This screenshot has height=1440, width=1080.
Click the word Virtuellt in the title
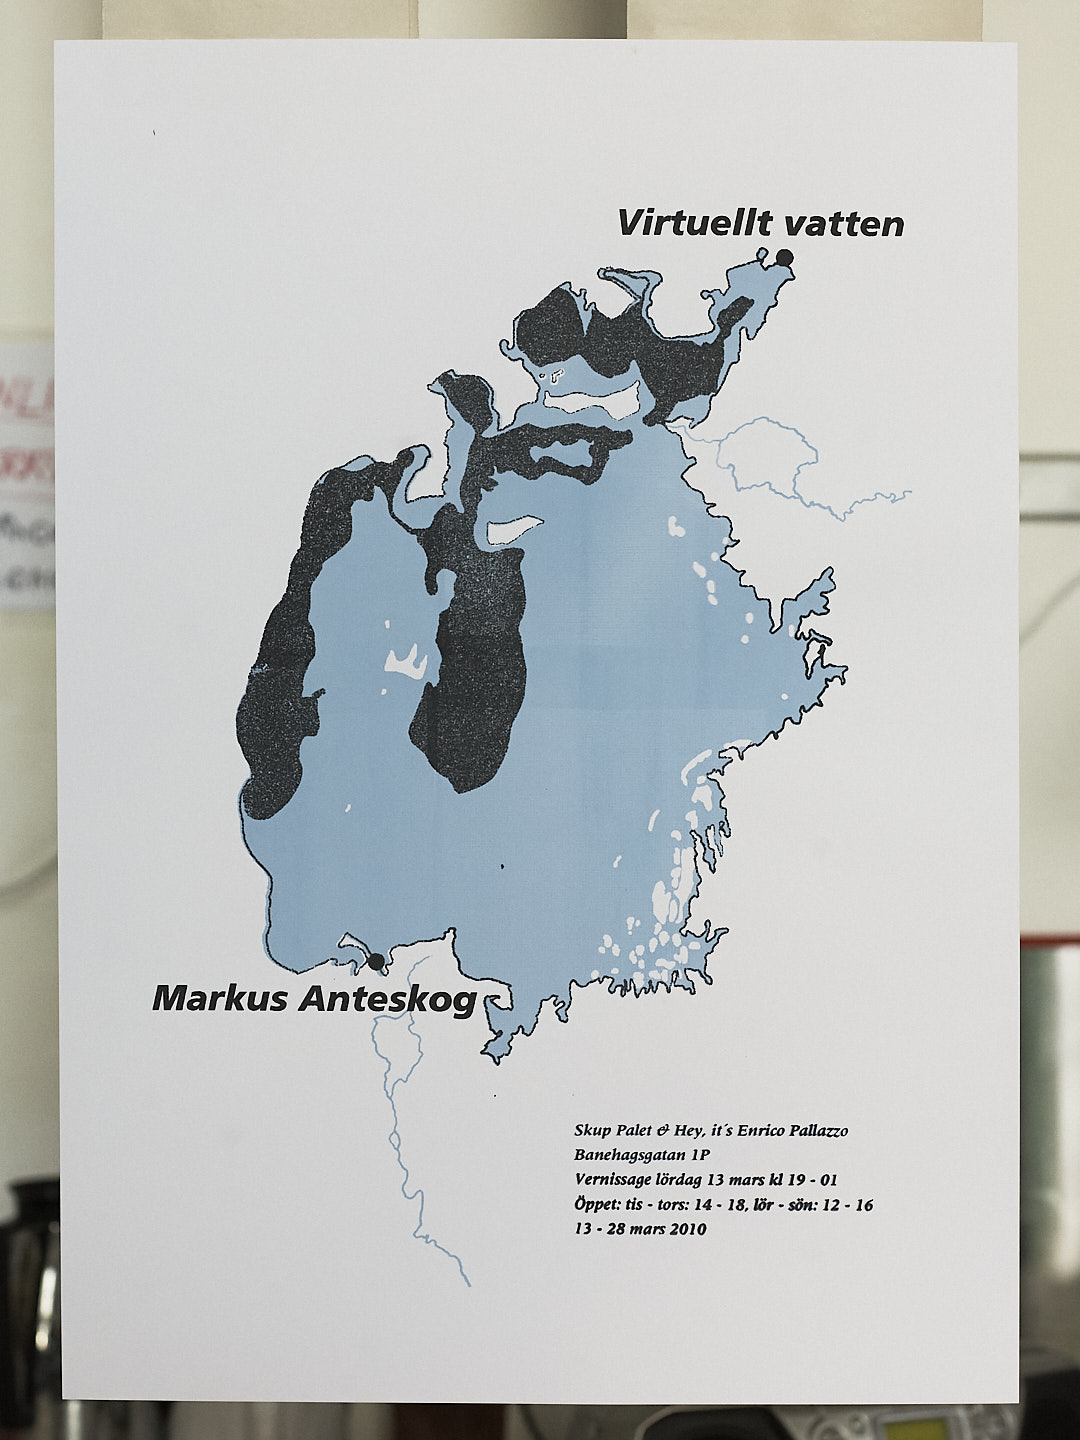pos(681,223)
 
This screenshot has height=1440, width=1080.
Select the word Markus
pos(220,998)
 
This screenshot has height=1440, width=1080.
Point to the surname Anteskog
pos(387,999)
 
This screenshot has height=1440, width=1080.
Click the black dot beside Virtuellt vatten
pos(784,258)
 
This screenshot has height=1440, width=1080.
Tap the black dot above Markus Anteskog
pos(376,962)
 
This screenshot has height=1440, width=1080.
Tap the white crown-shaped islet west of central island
pos(406,661)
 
